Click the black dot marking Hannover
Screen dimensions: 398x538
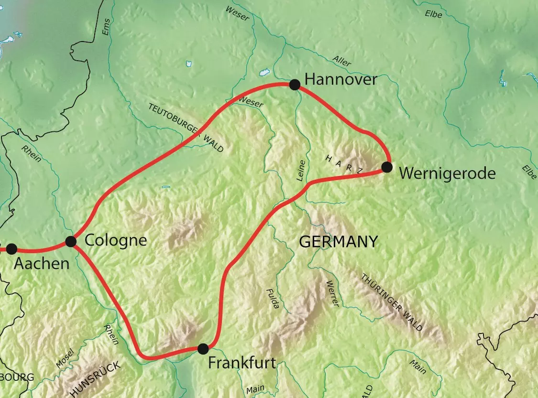pyautogui.click(x=295, y=85)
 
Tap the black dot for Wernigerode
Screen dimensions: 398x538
pyautogui.click(x=387, y=167)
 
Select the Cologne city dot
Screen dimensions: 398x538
pyautogui.click(x=71, y=241)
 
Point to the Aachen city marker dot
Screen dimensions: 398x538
pyautogui.click(x=11, y=249)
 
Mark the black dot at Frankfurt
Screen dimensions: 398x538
pyautogui.click(x=203, y=348)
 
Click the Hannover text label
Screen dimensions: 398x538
pyautogui.click(x=340, y=80)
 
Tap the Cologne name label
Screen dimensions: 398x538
pyautogui.click(x=115, y=240)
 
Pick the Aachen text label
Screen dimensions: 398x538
pyautogui.click(x=42, y=263)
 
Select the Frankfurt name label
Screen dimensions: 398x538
pyautogui.click(x=242, y=363)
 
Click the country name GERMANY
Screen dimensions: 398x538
pyautogui.click(x=338, y=242)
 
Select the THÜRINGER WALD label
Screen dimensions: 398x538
pyautogui.click(x=392, y=302)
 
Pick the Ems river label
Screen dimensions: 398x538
pyautogui.click(x=106, y=27)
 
